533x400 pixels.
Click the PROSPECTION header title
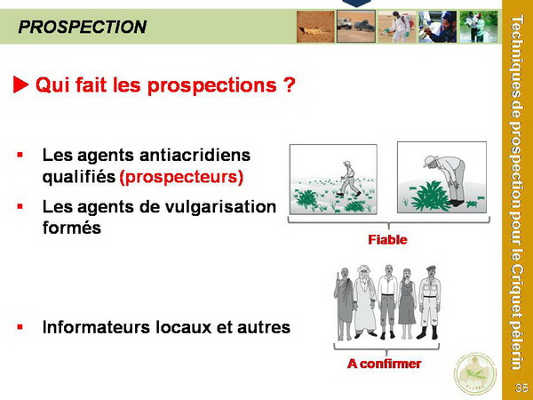coord(83,27)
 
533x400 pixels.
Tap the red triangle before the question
coord(20,84)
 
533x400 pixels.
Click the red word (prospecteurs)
coord(181,177)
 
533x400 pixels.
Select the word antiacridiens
coord(195,155)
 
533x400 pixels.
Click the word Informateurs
coord(96,327)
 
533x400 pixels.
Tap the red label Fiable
coord(387,240)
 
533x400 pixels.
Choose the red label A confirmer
coord(384,364)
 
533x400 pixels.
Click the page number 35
coord(521,388)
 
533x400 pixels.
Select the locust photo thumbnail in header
coord(315,27)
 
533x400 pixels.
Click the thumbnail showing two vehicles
coord(356,27)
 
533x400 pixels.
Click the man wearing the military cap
coord(429,302)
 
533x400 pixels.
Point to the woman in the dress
coord(407,304)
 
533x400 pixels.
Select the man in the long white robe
coord(365,302)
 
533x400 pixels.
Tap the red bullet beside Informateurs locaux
coord(20,327)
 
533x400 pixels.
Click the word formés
coord(72,228)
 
